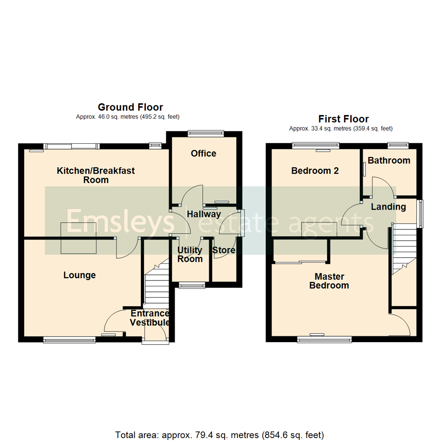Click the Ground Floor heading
(x=130, y=107)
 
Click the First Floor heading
(x=343, y=119)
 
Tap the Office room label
(x=203, y=154)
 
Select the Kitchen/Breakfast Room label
(x=96, y=175)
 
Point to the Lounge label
(x=80, y=275)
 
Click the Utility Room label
(x=190, y=254)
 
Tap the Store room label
(x=224, y=250)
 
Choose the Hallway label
(x=204, y=214)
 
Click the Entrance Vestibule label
(x=149, y=318)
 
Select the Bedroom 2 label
(x=315, y=171)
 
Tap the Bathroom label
(x=389, y=160)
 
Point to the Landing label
(x=388, y=207)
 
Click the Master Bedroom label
(x=329, y=281)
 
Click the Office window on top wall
(x=206, y=132)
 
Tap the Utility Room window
(x=192, y=286)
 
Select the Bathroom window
(x=398, y=144)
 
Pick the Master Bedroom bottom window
(x=324, y=339)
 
